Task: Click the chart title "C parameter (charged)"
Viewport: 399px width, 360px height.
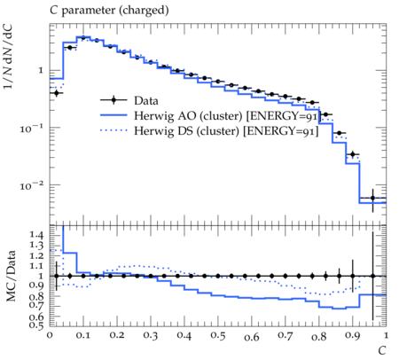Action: point(109,11)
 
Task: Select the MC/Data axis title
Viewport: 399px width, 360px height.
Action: point(11,276)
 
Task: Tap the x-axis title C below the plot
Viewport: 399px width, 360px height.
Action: point(382,350)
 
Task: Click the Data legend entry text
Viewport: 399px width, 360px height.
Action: point(146,101)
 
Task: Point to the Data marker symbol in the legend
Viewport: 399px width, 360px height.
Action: point(113,100)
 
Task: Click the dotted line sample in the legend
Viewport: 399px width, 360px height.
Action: point(113,130)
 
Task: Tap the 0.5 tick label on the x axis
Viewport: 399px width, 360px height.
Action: point(218,335)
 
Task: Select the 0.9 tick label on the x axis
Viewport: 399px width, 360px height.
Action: point(353,335)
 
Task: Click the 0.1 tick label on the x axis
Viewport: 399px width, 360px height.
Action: point(83,335)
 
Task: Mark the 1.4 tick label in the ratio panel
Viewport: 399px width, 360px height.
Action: point(36,235)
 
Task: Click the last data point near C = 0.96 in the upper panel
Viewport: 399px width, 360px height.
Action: point(372,198)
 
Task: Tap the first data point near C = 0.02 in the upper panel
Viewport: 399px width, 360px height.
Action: point(57,93)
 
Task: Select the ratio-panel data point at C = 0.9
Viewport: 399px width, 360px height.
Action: point(353,276)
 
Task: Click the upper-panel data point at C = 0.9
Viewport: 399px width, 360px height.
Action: point(353,154)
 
